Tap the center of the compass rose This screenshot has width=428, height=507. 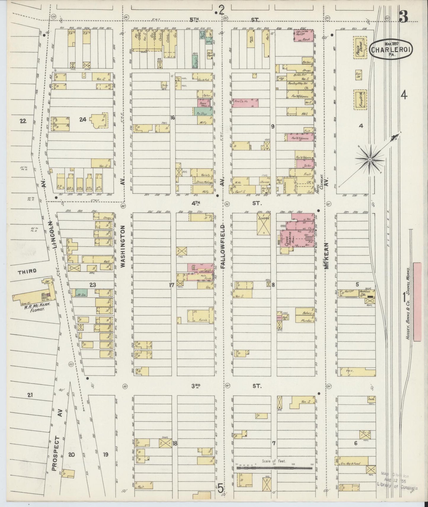pyautogui.click(x=370, y=159)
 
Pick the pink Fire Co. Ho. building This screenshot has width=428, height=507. pyautogui.click(x=245, y=103)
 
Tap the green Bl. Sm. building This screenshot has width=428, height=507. pyautogui.click(x=81, y=293)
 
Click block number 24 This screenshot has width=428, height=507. pyautogui.click(x=83, y=120)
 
